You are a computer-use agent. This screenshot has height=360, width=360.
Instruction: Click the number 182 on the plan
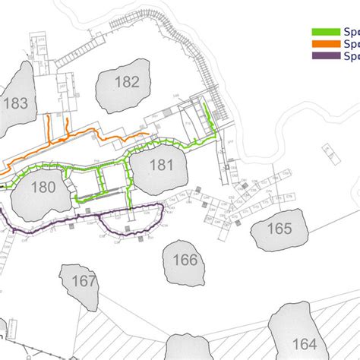point(128,81)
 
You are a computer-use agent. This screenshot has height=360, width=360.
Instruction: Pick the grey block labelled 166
point(185,261)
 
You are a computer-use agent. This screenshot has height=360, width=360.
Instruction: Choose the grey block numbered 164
point(305,341)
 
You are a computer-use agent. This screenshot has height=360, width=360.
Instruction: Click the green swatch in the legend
point(326,33)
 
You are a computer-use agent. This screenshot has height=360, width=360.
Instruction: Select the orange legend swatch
point(326,44)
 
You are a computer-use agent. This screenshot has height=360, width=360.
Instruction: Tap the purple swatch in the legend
point(326,55)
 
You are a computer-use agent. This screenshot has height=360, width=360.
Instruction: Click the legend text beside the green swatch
point(352,33)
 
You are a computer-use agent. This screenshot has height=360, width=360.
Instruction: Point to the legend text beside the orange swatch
point(352,44)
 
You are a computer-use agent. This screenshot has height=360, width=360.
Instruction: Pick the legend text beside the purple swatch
point(352,55)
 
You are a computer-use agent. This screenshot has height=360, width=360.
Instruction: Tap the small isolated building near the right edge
point(332,155)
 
